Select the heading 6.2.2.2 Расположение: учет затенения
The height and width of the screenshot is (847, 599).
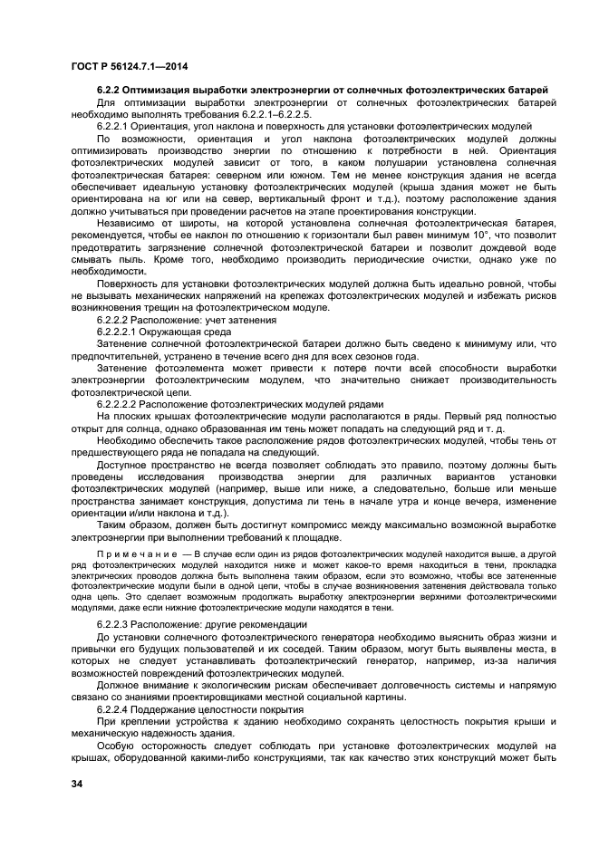click(x=186, y=320)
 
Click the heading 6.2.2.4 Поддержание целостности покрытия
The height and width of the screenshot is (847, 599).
click(x=198, y=708)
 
